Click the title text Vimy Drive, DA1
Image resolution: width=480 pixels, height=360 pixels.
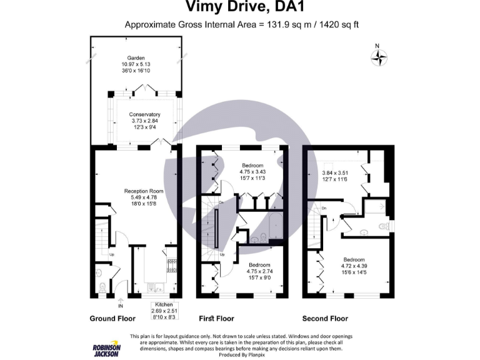[x=241, y=7]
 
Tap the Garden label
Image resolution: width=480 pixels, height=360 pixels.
[x=136, y=57]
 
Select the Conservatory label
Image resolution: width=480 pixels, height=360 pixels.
[x=144, y=114]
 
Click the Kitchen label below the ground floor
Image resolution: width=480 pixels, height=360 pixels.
[x=164, y=304]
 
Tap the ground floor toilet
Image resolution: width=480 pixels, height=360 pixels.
[x=102, y=287]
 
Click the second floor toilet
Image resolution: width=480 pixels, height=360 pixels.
[x=384, y=226]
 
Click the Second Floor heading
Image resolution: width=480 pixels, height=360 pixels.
[x=325, y=318]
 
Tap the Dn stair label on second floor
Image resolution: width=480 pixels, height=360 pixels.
[x=324, y=207]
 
